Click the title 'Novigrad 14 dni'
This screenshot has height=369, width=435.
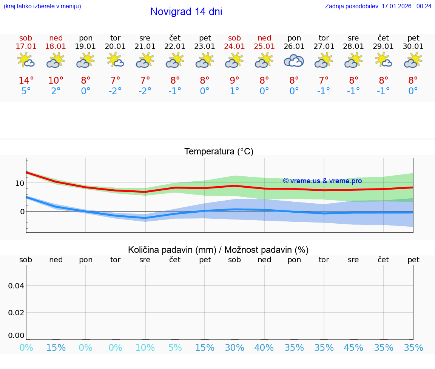186,12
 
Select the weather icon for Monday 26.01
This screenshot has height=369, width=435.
294,61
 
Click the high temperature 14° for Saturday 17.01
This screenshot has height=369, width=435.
26,81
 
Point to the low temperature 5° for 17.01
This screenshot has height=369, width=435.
26,91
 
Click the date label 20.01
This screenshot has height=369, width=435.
115,47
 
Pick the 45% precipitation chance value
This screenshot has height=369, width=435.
353,347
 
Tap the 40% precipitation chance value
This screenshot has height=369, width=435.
264,347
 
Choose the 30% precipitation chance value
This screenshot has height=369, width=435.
234,347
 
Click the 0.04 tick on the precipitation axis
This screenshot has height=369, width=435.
16,286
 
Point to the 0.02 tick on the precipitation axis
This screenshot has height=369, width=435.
16,313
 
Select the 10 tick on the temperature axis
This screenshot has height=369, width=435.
20,183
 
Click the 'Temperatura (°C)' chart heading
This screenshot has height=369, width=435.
219,152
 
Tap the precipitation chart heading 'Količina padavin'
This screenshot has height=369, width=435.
218,250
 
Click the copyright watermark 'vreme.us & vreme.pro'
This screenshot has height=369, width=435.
322,181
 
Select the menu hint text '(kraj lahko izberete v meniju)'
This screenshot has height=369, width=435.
42,6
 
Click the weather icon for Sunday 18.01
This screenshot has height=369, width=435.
56,61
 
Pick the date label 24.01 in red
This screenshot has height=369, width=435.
234,47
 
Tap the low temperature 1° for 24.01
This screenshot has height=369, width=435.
234,91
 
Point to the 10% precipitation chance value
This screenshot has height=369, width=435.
145,347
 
